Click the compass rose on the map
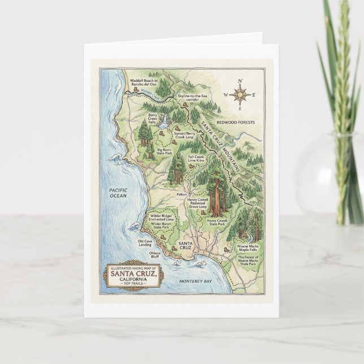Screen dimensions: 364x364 point(241,94)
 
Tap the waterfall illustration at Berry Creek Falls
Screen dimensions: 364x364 point(164,119)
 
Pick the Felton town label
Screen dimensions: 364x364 point(181,194)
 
